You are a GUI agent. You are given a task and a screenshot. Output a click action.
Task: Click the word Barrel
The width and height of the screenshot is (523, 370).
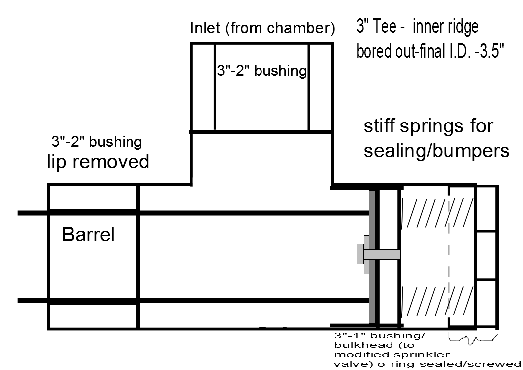88,234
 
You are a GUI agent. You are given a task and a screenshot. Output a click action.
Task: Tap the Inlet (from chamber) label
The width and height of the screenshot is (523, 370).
262,28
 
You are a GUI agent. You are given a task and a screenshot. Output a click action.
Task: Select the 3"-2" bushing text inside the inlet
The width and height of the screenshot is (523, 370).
261,71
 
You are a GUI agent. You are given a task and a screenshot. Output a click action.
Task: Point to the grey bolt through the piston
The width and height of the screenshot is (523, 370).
381,255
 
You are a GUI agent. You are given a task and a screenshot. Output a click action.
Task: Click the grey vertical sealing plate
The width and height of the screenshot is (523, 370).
371,256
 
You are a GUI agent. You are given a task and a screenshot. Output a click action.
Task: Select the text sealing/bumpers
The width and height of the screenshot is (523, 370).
436,150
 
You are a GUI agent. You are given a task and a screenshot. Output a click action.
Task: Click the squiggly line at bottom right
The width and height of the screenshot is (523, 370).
473,339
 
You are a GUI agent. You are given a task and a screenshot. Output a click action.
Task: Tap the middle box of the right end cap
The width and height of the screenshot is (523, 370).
487,255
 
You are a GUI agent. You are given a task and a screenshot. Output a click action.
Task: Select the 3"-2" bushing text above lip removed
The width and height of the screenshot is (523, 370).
96,142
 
